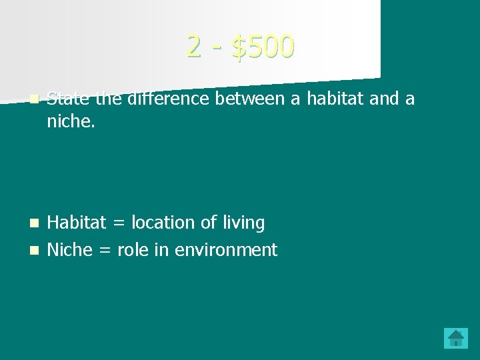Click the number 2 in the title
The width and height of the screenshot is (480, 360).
[194, 46]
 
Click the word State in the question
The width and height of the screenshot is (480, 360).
[69, 99]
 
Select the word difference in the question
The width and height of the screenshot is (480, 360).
[169, 99]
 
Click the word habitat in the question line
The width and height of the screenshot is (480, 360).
[331, 99]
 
